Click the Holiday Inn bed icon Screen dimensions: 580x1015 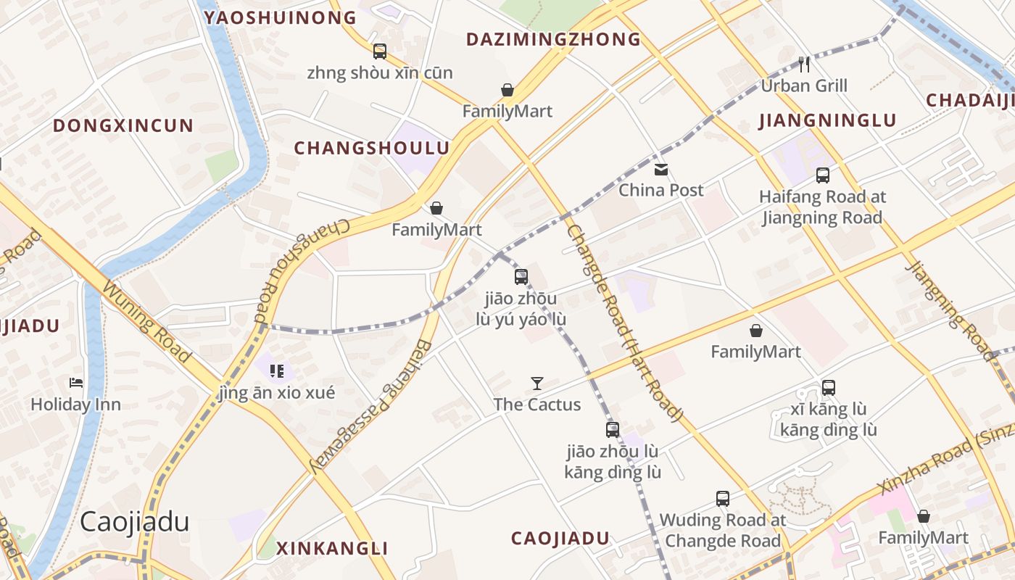pos(76,383)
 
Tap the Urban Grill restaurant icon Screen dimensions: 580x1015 pos(804,65)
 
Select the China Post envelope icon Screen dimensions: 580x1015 pos(661,170)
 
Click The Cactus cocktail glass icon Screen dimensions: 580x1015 pos(537,384)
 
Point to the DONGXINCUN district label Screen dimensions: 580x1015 pos(123,125)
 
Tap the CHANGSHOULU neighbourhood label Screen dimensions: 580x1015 pos(372,148)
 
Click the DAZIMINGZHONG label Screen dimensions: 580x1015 pos(554,39)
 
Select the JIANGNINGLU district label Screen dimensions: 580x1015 pos(828,120)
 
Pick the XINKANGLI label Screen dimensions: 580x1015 pos(333,548)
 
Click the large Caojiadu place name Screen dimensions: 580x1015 pos(135,521)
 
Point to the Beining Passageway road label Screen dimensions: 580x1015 pos(371,406)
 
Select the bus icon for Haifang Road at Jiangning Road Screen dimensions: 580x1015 pos(823,175)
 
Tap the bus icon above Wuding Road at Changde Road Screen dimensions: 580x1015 pos(723,499)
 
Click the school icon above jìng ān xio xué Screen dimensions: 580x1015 pos(277,372)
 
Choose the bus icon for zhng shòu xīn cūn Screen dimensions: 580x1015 pos(380,51)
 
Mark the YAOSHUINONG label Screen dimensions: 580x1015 pos(281,17)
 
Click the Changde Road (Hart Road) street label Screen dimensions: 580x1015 pos(625,323)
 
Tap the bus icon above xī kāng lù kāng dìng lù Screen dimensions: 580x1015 pos(829,388)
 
